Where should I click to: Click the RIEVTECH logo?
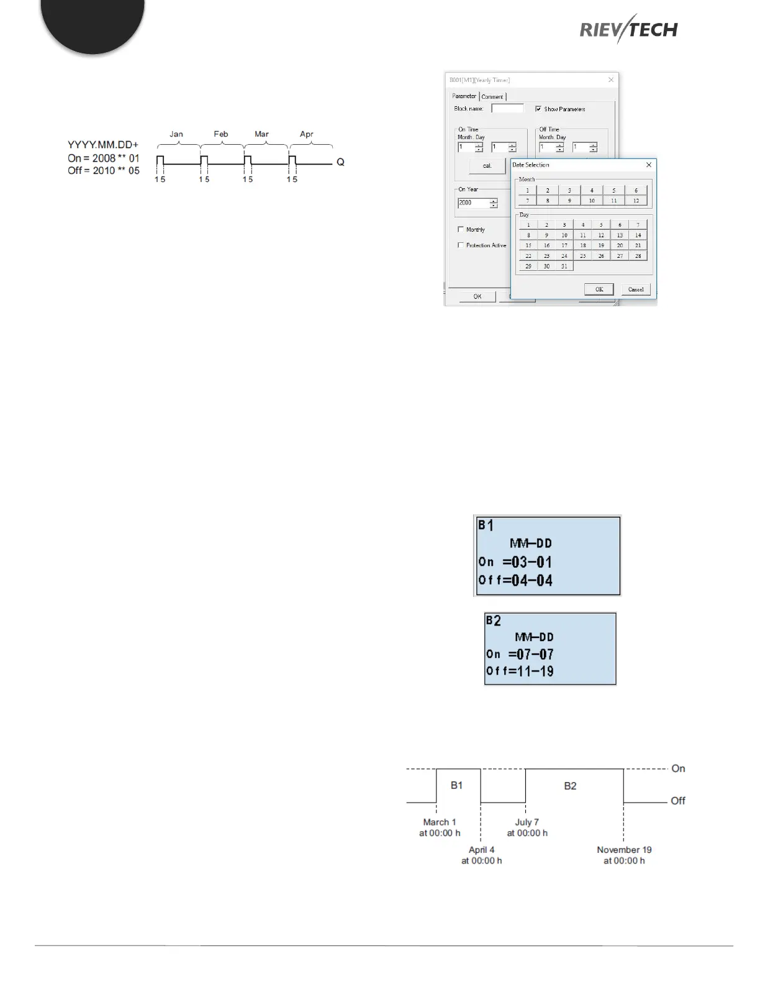[628, 29]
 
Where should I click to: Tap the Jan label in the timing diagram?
[176, 134]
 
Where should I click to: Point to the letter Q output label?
[340, 163]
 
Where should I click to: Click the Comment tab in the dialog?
[492, 97]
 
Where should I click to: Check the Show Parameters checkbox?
[538, 109]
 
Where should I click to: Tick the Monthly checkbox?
[461, 229]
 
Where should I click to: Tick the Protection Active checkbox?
[461, 245]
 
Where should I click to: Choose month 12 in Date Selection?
[636, 201]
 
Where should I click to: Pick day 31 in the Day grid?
[564, 266]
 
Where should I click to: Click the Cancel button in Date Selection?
[636, 289]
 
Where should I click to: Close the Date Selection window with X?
[649, 165]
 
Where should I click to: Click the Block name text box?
[507, 109]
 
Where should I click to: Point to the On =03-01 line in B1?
[515, 562]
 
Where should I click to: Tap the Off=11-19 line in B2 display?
[520, 671]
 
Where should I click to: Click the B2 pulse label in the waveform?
[570, 786]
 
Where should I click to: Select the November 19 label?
[624, 850]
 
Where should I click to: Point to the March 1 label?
[440, 822]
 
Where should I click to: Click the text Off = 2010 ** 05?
[104, 171]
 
